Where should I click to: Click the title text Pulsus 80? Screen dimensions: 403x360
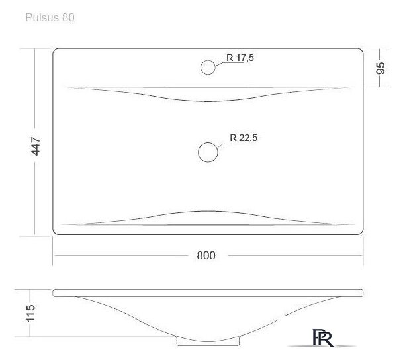click(x=50, y=17)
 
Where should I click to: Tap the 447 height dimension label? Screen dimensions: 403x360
click(x=36, y=146)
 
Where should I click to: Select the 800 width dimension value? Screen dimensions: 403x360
click(x=206, y=255)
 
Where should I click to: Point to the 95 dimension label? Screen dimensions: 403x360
click(x=381, y=68)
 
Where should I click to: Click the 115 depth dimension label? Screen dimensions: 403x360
click(x=30, y=313)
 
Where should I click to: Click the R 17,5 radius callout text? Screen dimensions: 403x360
click(x=240, y=58)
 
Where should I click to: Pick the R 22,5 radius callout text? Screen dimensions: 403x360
click(x=244, y=138)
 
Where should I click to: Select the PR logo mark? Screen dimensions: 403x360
click(x=323, y=338)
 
